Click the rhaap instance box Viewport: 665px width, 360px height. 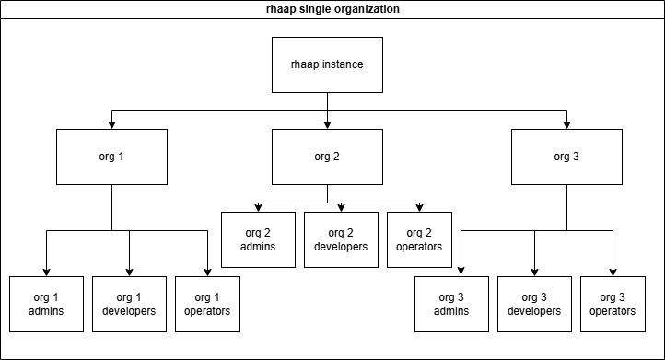(x=327, y=64)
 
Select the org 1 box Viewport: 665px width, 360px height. (x=111, y=156)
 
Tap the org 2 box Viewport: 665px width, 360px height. (x=327, y=156)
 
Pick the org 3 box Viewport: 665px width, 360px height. (x=566, y=156)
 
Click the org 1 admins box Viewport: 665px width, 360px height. (x=46, y=303)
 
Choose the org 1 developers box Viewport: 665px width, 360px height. (x=129, y=303)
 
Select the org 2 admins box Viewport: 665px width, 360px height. (x=258, y=238)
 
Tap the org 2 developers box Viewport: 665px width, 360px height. (x=341, y=238)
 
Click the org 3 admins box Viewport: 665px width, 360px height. (x=451, y=303)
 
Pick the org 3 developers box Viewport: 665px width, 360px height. (x=534, y=303)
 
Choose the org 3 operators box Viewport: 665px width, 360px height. (x=612, y=303)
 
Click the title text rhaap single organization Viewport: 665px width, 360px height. (x=332, y=9)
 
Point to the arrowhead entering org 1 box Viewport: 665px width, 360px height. (x=111, y=124)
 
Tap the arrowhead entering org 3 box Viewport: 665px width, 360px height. (x=566, y=124)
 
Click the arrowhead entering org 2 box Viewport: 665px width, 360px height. (x=327, y=124)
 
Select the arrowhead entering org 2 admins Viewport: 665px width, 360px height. (x=258, y=208)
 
